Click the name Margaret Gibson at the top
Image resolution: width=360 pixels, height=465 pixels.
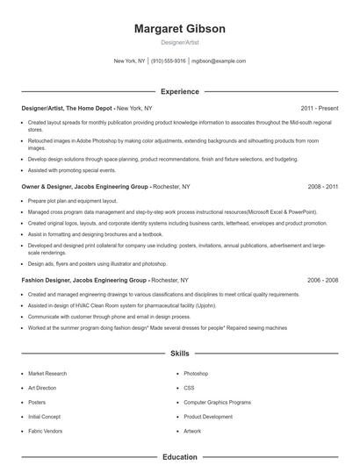point(179,29)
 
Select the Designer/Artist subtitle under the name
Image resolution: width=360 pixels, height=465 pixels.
point(179,43)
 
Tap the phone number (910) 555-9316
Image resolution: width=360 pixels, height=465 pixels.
point(169,61)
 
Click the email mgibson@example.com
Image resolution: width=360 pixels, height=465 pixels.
point(219,61)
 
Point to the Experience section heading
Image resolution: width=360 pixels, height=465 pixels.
point(179,91)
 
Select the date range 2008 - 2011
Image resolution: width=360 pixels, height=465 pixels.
point(322,187)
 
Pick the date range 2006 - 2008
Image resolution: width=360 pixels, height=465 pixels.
point(322,280)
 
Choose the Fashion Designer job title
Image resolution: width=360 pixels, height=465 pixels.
point(48,280)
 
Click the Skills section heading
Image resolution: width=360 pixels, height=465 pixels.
point(179,354)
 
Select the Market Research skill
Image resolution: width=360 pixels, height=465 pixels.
point(47,374)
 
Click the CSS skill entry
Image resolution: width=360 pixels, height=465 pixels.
point(189,388)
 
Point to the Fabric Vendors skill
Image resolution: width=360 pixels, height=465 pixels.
point(47,431)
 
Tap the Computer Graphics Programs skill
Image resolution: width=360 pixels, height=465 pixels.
point(218,402)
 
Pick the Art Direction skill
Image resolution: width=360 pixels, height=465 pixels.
point(43,388)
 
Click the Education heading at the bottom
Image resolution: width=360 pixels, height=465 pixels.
point(179,457)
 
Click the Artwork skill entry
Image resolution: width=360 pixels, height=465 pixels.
point(192,431)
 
